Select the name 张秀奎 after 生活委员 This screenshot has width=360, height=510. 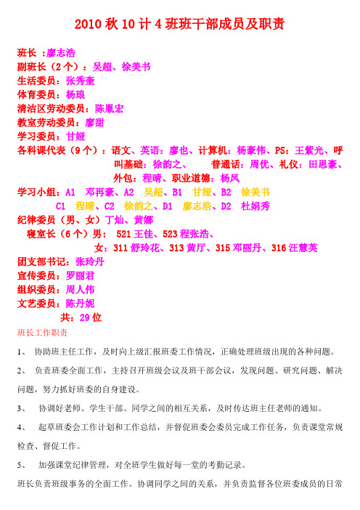tap(81, 80)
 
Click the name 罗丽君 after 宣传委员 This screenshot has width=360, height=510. tap(81, 275)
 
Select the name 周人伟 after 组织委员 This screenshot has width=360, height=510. tap(81, 288)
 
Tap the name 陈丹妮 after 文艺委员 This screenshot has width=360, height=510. tap(81, 302)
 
